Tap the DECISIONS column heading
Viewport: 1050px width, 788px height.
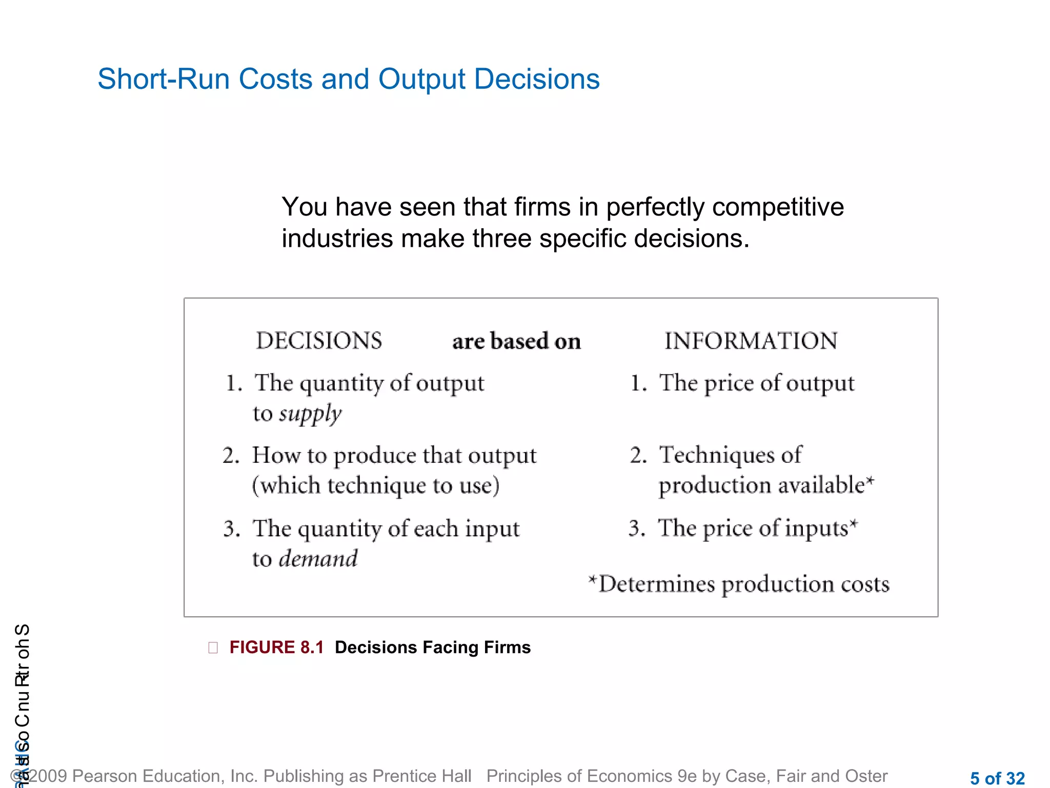(319, 341)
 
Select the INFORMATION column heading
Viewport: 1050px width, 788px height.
(751, 341)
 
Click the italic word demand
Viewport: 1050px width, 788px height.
(318, 559)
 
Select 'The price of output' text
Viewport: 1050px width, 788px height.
(756, 383)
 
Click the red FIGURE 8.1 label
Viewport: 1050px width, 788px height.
(276, 647)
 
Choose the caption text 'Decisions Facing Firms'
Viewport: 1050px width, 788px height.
(433, 647)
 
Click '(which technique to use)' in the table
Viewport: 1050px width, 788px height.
(376, 485)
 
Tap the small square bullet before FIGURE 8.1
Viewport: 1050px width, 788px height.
(213, 648)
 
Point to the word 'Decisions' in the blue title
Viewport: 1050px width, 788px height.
(537, 80)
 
